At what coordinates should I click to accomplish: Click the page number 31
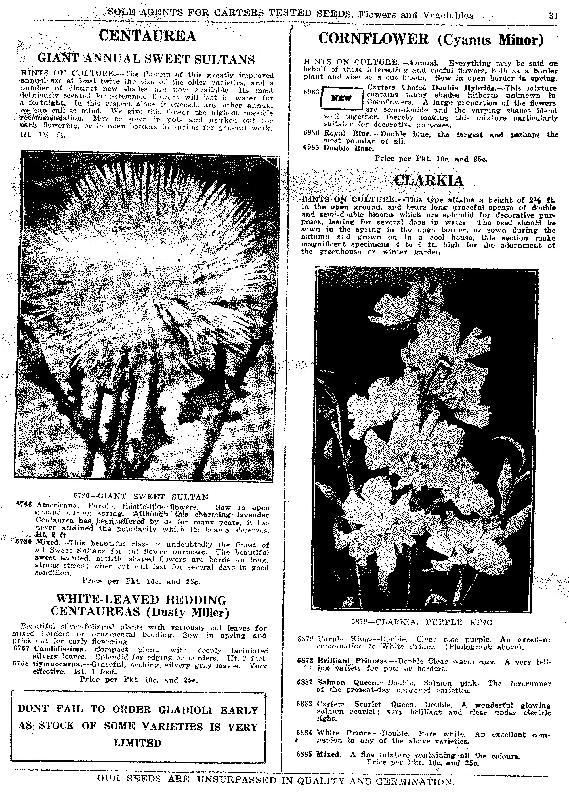[553, 16]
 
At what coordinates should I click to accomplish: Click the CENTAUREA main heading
[147, 36]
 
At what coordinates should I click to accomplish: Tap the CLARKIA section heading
[429, 181]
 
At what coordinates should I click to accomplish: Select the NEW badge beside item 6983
[342, 98]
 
